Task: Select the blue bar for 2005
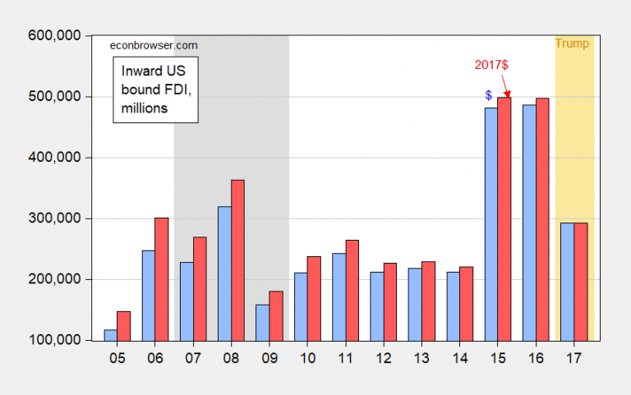(x=110, y=335)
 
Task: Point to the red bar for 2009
(x=275, y=315)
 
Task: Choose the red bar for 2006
(x=161, y=278)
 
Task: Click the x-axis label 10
(x=306, y=359)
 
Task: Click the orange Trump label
(x=572, y=44)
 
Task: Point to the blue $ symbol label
(x=488, y=96)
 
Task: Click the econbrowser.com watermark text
(x=154, y=45)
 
